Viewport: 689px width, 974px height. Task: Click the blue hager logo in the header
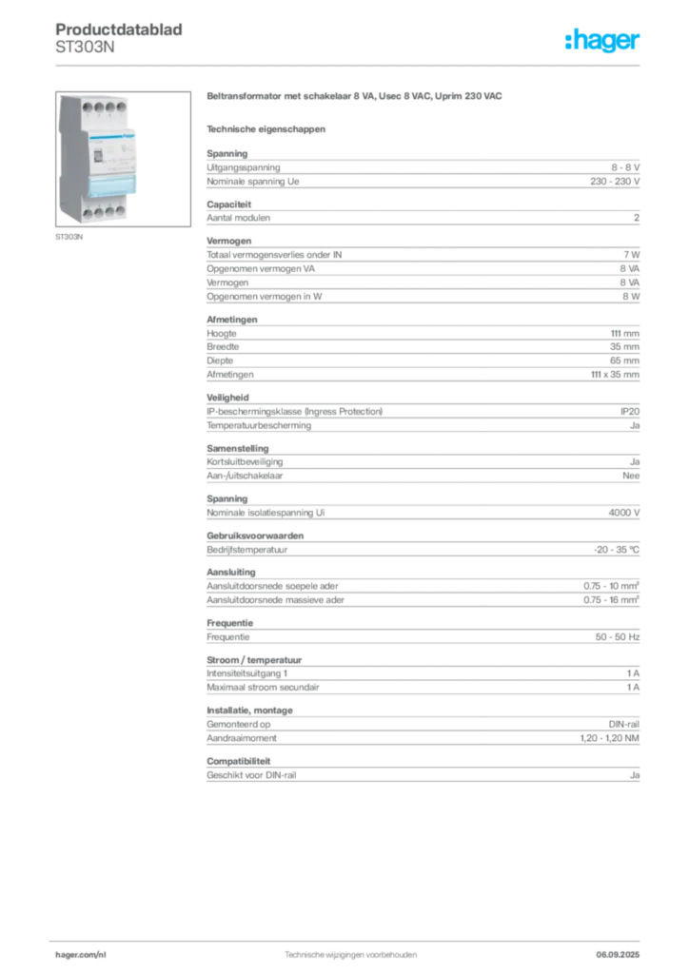pos(603,42)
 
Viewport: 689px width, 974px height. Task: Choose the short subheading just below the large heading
pos(266,127)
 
